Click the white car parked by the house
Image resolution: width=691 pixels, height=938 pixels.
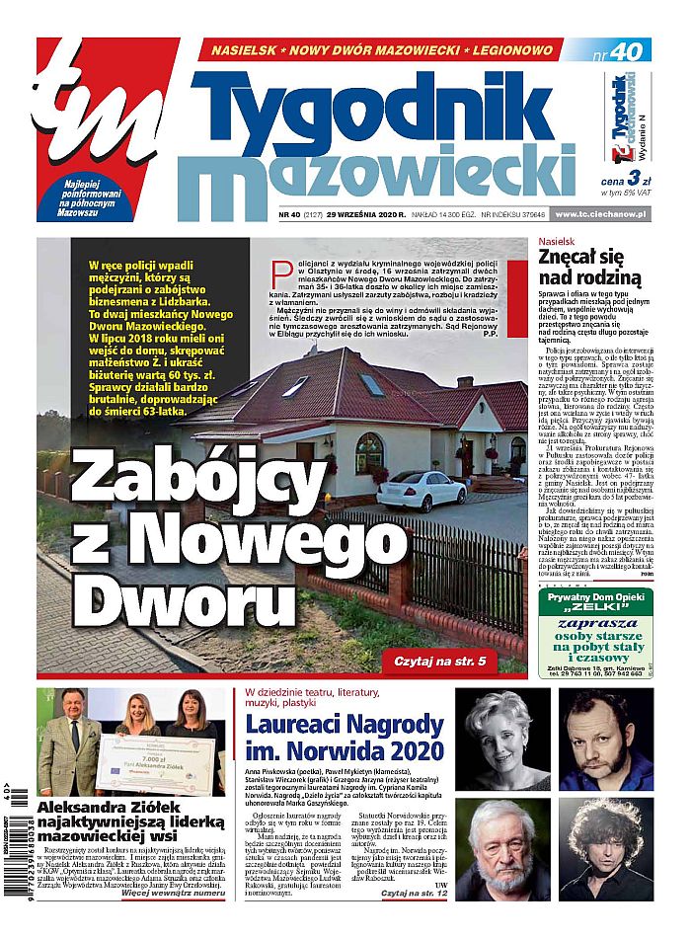pyautogui.click(x=422, y=490)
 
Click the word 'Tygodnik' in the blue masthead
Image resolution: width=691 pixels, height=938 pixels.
pyautogui.click(x=375, y=108)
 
